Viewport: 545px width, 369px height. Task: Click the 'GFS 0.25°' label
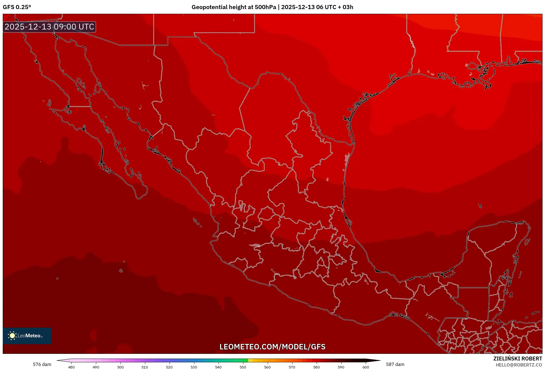(17, 7)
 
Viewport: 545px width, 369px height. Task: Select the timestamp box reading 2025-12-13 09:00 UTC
(49, 27)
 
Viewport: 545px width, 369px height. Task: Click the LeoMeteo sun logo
(12, 335)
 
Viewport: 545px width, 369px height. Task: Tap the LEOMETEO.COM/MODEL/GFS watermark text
(272, 347)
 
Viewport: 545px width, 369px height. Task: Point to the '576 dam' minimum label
(42, 364)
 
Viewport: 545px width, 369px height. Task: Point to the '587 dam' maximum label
(395, 364)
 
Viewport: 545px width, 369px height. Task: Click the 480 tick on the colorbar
(71, 367)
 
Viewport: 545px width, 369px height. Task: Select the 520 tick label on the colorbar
(169, 367)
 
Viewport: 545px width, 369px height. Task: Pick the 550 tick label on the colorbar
(243, 367)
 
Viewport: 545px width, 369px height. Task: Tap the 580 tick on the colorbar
(316, 367)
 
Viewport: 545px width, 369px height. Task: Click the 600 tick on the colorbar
(366, 367)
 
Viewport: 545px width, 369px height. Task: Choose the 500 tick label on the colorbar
(120, 367)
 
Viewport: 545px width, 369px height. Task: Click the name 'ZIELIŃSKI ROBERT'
(517, 359)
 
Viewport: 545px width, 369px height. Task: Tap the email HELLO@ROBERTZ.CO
(519, 365)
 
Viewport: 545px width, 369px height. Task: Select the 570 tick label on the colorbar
(292, 367)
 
